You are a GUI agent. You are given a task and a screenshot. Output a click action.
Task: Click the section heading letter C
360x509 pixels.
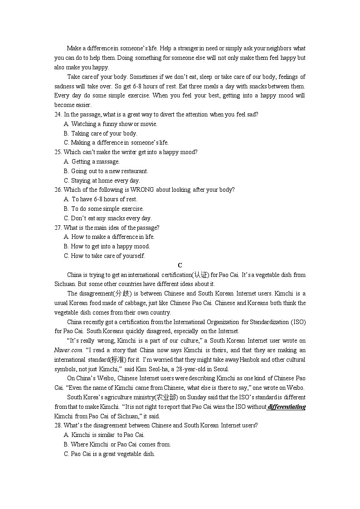(180, 265)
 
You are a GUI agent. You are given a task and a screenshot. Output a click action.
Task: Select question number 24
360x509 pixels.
(58, 115)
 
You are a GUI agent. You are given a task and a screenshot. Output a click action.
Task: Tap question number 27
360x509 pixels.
(58, 228)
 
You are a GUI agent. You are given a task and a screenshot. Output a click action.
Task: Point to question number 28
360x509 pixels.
(58, 426)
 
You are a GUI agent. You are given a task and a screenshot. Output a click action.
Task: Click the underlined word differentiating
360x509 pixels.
(287, 407)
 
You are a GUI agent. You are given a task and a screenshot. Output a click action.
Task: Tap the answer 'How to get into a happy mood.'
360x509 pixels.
(110, 247)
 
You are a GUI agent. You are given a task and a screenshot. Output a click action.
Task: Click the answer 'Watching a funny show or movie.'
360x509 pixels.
(114, 124)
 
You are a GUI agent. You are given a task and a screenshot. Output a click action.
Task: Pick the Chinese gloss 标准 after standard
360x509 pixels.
(115, 360)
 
